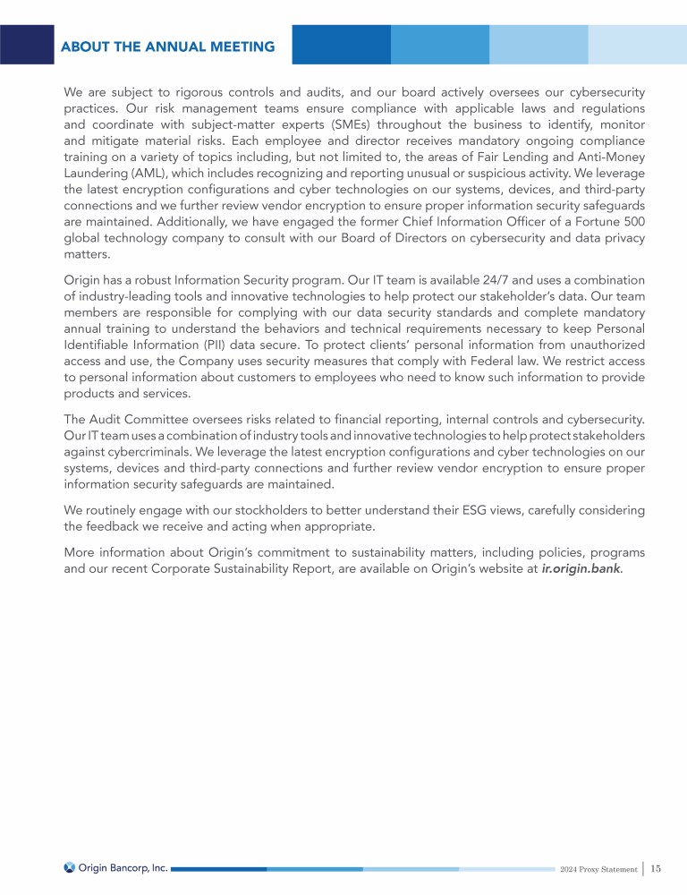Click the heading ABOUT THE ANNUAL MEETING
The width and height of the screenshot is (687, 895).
(168, 47)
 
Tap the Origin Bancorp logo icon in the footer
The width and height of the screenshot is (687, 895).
(70, 867)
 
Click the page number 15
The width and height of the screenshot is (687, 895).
(657, 868)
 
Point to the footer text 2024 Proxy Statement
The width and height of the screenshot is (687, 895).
(598, 869)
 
